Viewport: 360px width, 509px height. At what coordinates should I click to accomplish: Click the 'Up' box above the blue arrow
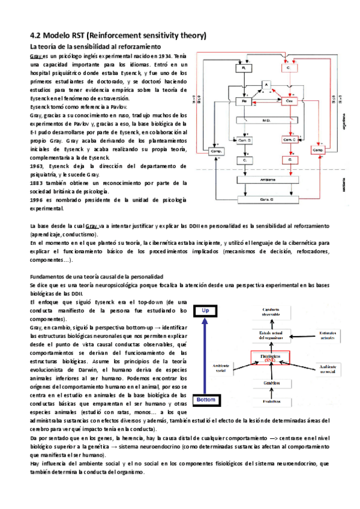click(205, 311)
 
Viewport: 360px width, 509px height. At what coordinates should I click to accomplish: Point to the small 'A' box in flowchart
click(266, 85)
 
